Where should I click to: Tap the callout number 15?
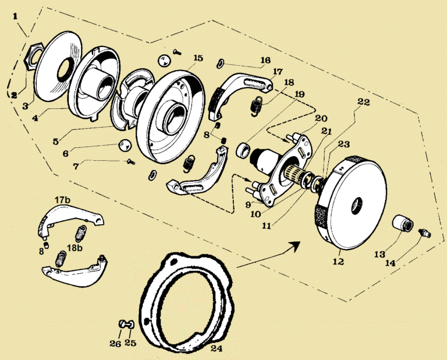pos(198,58)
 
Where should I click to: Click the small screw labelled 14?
pos(423,233)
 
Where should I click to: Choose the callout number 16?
pos(265,60)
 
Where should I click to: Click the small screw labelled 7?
pos(130,163)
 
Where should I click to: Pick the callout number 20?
pos(320,118)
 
